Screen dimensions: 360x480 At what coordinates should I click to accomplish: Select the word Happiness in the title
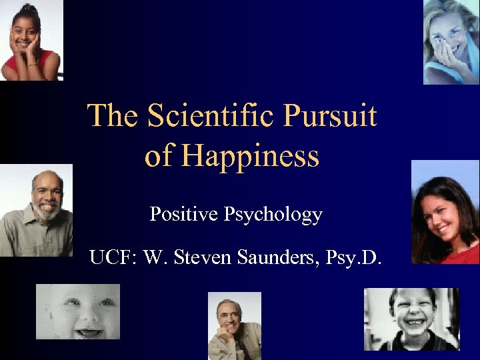click(x=251, y=157)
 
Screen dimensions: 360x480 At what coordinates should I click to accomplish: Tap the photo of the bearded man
click(x=37, y=210)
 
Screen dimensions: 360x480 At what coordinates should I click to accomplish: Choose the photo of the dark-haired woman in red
click(x=445, y=212)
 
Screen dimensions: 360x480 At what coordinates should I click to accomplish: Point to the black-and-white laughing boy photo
click(x=411, y=319)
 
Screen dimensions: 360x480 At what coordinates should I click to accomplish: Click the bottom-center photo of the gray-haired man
click(x=235, y=326)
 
